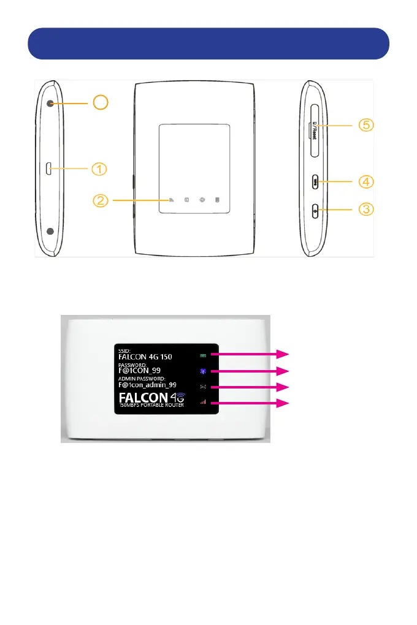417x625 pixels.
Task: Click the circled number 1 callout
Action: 101,167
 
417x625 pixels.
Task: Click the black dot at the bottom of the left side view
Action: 50,232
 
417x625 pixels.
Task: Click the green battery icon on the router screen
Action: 202,355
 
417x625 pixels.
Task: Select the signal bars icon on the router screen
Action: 202,403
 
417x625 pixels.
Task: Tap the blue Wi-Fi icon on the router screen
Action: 202,371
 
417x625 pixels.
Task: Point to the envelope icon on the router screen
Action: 202,387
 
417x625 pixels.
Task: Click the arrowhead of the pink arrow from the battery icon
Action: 283,354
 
